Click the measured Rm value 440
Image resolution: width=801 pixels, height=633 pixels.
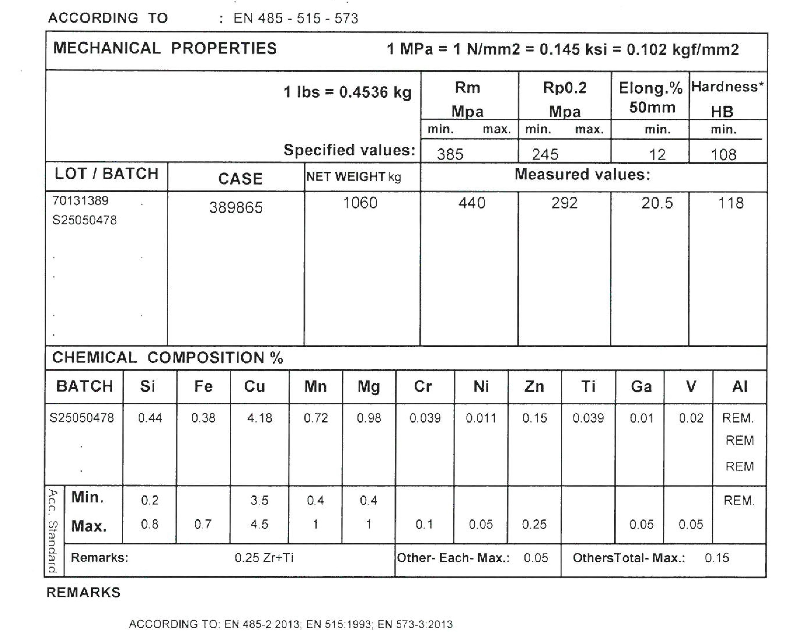pos(472,203)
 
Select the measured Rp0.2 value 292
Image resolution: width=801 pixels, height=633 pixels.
pos(564,203)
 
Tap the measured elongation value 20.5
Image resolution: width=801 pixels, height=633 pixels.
pos(657,203)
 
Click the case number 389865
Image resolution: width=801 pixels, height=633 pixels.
pos(236,208)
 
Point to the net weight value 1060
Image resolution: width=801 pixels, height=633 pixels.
pos(360,203)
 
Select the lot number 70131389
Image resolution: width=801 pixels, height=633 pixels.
pos(80,201)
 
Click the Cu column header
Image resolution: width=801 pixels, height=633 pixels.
pos(255,387)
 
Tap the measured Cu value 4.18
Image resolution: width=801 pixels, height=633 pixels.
pos(259,418)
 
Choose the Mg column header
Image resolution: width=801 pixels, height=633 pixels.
pos(368,387)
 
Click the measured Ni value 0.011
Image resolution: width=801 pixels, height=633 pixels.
pos(481,418)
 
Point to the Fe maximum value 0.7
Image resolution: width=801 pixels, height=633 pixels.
pos(203,524)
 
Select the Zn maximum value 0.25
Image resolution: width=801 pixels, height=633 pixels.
pos(534,524)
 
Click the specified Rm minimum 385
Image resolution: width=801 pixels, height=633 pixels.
pos(450,154)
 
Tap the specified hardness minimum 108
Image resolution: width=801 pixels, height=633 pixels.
pos(723,154)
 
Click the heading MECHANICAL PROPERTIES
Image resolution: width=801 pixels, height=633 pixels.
pos(165,49)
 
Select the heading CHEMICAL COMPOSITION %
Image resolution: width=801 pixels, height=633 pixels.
pos(168,358)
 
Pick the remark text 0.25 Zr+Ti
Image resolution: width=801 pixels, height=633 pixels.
pos(264,558)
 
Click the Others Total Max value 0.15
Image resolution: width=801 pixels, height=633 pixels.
pos(717,558)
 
